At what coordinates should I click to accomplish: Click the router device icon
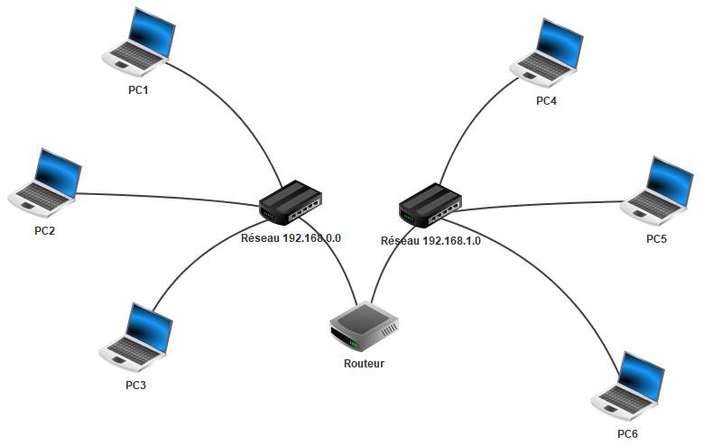point(363,328)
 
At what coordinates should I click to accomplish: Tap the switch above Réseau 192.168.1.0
point(432,204)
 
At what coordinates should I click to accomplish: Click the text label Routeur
point(364,364)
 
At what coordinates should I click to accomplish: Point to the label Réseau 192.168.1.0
point(430,241)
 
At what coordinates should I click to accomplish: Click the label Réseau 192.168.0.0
point(291,238)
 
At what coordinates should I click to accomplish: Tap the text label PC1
point(138,90)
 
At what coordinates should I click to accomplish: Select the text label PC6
point(627,434)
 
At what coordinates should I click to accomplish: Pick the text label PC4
point(546,101)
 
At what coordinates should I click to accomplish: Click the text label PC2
point(44,230)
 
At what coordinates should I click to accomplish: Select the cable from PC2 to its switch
point(162,196)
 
